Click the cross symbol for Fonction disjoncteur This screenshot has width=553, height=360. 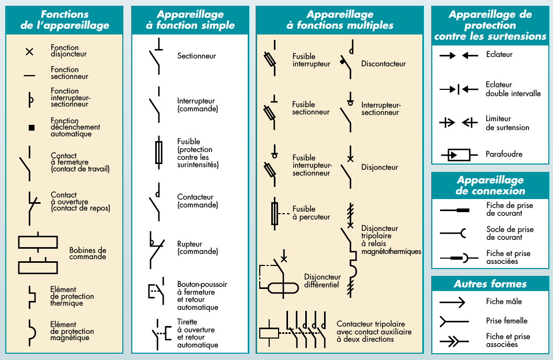click(30, 51)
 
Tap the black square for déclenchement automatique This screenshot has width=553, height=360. click(31, 127)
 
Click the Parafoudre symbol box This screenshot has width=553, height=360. click(455, 155)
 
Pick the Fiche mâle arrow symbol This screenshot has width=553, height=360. click(452, 302)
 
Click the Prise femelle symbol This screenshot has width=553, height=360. click(452, 321)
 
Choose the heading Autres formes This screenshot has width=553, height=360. click(490, 284)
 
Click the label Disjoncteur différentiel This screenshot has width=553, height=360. click(322, 281)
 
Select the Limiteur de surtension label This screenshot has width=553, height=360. click(507, 123)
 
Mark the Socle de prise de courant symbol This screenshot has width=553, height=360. click(453, 233)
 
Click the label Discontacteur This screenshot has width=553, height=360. click(383, 64)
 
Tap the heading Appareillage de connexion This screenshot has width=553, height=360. click(490, 185)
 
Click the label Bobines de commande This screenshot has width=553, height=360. click(87, 253)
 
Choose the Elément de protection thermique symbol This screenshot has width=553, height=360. click(32, 296)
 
